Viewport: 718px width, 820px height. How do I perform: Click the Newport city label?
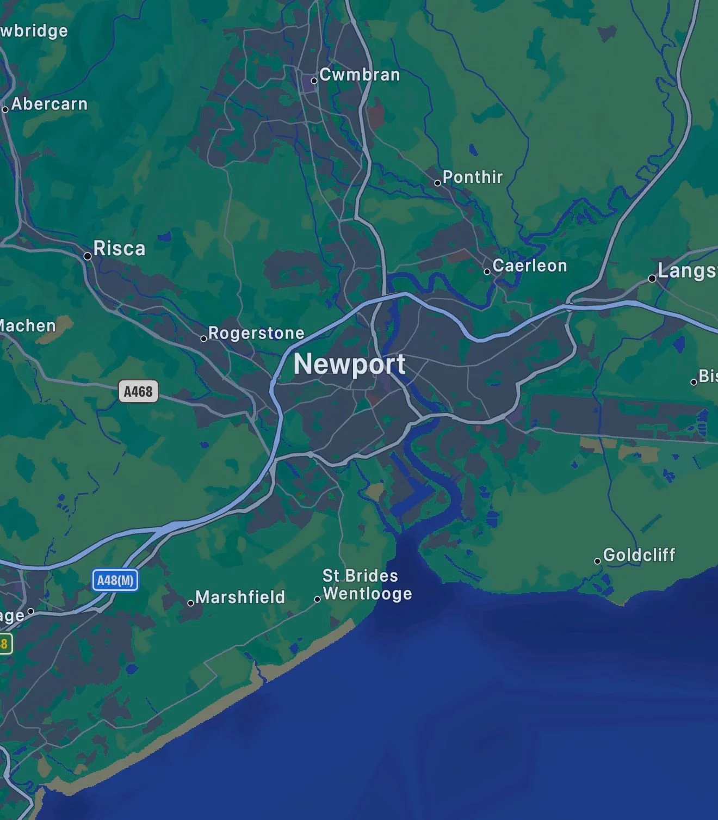(x=349, y=365)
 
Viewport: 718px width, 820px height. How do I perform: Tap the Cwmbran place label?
(x=360, y=75)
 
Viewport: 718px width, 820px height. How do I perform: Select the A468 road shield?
(x=138, y=391)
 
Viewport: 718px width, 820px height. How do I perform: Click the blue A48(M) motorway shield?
(x=115, y=580)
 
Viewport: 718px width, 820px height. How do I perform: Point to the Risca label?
(x=119, y=249)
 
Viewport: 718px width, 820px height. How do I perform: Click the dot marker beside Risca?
(x=88, y=256)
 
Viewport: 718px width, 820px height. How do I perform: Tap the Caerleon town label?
(x=529, y=266)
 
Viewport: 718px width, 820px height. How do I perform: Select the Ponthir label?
(x=472, y=177)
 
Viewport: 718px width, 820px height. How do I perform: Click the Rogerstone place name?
(x=256, y=333)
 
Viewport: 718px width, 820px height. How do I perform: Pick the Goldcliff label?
(x=639, y=555)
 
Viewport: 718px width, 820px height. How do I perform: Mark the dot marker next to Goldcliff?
(x=597, y=561)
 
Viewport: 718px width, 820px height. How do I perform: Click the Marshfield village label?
(x=240, y=597)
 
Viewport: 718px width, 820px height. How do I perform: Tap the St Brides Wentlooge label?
(x=367, y=584)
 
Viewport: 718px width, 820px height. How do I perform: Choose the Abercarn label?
(x=49, y=104)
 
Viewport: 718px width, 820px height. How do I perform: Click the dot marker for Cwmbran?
(x=314, y=81)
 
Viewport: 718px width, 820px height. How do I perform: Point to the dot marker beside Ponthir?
(x=437, y=183)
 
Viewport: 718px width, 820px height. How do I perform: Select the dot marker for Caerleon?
(x=487, y=272)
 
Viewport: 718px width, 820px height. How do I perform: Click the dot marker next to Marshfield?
(x=190, y=603)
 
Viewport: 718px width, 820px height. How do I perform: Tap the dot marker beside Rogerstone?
(x=203, y=338)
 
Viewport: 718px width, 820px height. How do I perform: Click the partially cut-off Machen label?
(x=27, y=326)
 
